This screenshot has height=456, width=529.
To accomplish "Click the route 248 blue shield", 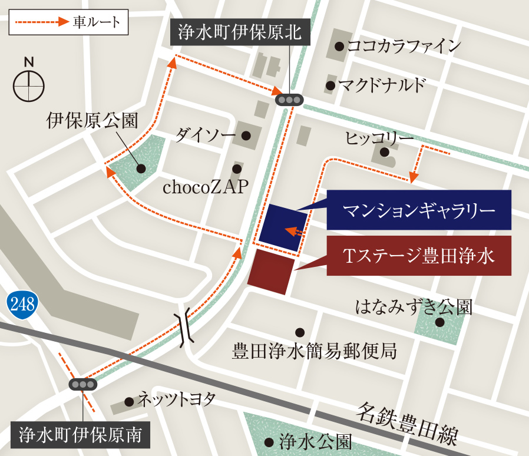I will pyautogui.click(x=22, y=304).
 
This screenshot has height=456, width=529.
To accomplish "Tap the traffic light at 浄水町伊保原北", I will pyautogui.click(x=289, y=100).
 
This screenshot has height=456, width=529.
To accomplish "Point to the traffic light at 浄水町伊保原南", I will pyautogui.click(x=82, y=385).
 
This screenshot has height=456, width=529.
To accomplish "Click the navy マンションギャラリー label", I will pyautogui.click(x=419, y=210).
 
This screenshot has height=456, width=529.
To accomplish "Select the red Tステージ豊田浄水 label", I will pyautogui.click(x=419, y=256).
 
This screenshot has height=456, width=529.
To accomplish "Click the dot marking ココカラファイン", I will pyautogui.click(x=339, y=46).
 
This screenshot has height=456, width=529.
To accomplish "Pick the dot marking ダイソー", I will pyautogui.click(x=246, y=136).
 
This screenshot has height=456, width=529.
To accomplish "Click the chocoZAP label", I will pyautogui.click(x=206, y=187).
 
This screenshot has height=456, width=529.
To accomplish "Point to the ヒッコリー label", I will pyautogui.click(x=379, y=138).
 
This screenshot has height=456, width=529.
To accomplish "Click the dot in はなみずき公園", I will pyautogui.click(x=439, y=322).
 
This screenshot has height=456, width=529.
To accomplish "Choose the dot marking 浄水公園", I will pyautogui.click(x=269, y=442).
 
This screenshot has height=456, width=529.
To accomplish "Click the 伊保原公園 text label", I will pyautogui.click(x=92, y=122).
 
